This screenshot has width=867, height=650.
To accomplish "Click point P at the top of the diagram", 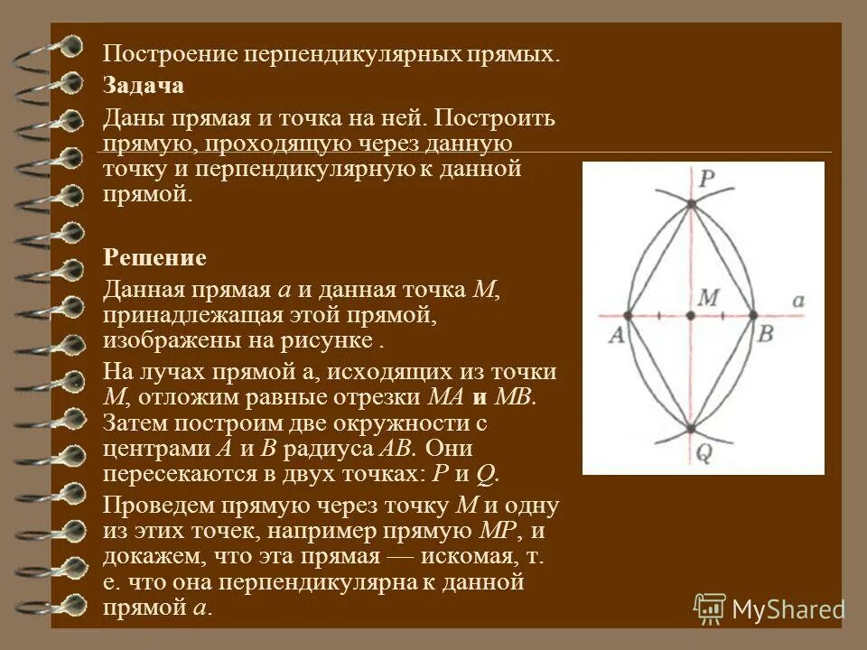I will [x=691, y=205].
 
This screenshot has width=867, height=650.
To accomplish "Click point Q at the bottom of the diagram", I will [x=691, y=429].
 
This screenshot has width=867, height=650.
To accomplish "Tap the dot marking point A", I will [x=629, y=315].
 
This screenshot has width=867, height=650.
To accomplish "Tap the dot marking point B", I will [x=752, y=315].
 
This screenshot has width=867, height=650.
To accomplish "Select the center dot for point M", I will [x=691, y=315].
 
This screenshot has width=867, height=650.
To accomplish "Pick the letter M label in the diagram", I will [x=708, y=297].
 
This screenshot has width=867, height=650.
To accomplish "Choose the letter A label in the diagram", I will [x=618, y=335].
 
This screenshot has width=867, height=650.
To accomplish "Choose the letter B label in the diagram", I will [x=765, y=334].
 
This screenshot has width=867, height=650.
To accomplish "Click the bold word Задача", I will [x=144, y=86].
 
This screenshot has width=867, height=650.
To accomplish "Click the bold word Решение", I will [x=154, y=258].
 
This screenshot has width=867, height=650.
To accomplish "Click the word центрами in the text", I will [x=153, y=449].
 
